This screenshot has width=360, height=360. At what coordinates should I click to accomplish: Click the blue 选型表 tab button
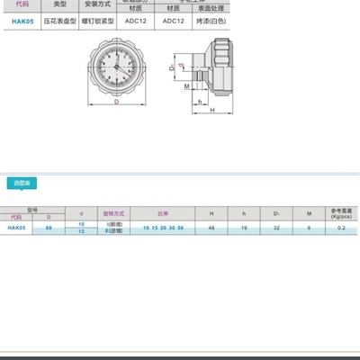click(x=22, y=182)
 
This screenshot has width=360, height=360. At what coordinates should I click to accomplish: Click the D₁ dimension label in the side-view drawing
click(x=171, y=67)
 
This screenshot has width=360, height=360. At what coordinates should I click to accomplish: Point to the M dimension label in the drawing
click(x=186, y=87)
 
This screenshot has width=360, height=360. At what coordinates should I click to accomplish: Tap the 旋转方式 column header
click(x=113, y=214)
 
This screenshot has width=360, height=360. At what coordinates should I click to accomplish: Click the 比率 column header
click(x=162, y=214)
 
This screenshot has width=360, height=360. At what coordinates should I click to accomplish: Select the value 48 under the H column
click(x=211, y=228)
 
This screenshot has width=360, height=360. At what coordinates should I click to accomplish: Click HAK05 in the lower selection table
click(x=16, y=228)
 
